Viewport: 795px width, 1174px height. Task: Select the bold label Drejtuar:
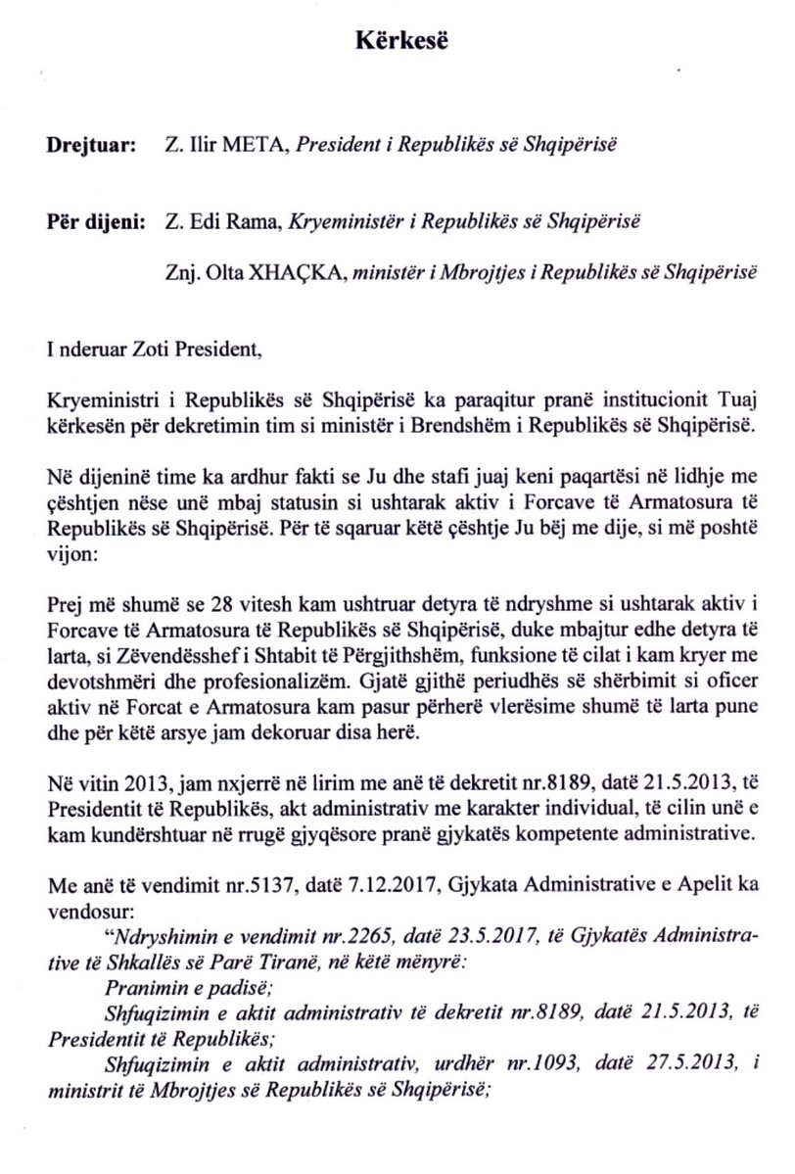(x=84, y=146)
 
